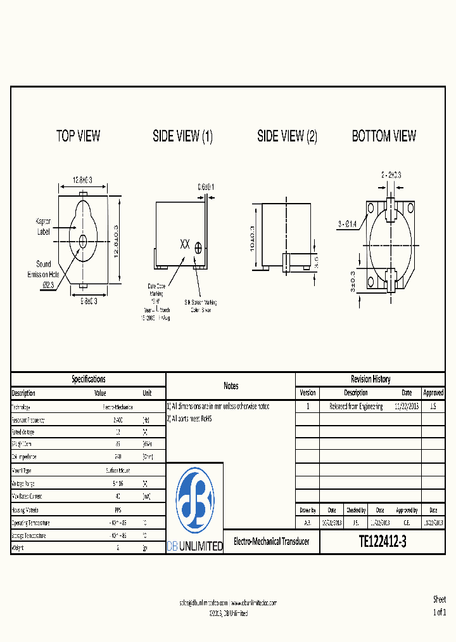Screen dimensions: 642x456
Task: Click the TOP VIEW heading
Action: (78, 136)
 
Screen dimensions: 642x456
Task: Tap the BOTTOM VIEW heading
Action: (384, 136)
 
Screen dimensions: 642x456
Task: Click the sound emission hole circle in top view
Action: (83, 240)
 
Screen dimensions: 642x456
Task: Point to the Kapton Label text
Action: (43, 226)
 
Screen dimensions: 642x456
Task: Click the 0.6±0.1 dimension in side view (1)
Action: (205, 187)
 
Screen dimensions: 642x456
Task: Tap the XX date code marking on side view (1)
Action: (185, 244)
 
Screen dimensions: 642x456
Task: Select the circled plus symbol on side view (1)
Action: (198, 248)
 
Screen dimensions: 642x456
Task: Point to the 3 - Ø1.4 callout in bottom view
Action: (347, 223)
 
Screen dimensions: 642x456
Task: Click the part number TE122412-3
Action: (383, 542)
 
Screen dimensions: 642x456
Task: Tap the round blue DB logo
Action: (194, 501)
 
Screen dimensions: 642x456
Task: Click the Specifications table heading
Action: (88, 379)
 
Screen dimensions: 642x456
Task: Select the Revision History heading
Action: (370, 379)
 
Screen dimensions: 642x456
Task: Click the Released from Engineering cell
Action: (355, 406)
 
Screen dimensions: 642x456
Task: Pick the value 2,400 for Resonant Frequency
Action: (117, 420)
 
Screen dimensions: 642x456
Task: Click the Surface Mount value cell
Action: (117, 471)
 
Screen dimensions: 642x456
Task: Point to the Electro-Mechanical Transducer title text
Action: (272, 542)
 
